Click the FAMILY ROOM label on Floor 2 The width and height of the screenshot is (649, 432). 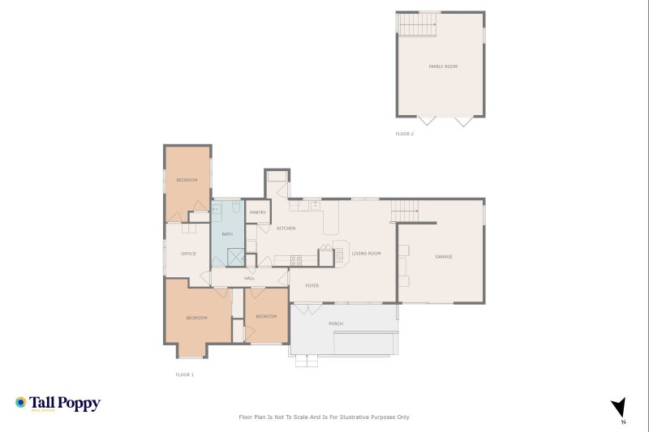443,66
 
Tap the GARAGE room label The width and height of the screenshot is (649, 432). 444,257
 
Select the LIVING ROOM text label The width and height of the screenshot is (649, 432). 366,254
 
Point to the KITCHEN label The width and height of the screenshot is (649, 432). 286,229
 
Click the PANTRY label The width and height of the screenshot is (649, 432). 258,212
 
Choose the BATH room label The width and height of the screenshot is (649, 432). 227,234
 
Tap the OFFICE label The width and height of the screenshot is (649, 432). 188,254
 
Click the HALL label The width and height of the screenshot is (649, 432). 249,278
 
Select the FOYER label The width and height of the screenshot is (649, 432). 312,286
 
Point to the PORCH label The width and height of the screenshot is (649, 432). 336,323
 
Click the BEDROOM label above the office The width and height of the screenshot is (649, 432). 187,180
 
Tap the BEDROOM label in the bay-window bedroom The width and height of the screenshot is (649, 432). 196,318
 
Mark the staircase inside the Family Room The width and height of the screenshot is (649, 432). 417,25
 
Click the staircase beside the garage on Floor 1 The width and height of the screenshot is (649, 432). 405,211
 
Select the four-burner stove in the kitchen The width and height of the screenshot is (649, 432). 296,260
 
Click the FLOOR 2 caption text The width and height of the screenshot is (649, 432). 405,134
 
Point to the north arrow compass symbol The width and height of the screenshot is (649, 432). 620,408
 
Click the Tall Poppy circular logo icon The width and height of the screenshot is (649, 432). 21,402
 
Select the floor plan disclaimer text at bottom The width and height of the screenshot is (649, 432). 324,417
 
